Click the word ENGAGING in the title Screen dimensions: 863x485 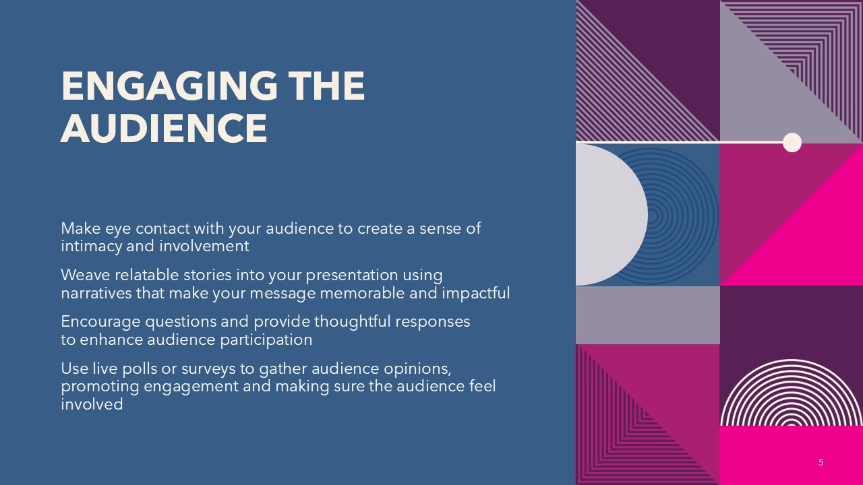(x=169, y=86)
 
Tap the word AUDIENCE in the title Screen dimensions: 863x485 (x=164, y=128)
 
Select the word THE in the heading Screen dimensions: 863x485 (x=326, y=86)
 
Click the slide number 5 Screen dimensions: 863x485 (x=821, y=462)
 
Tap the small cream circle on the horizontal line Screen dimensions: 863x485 (x=792, y=142)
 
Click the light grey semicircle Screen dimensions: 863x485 (x=612, y=215)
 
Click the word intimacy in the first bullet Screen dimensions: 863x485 (x=92, y=247)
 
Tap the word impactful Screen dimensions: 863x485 (x=476, y=293)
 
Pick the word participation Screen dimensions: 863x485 (x=266, y=340)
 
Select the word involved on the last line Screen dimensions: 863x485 (x=92, y=404)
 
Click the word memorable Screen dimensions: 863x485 (x=363, y=293)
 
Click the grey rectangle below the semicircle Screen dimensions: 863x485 (x=648, y=315)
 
